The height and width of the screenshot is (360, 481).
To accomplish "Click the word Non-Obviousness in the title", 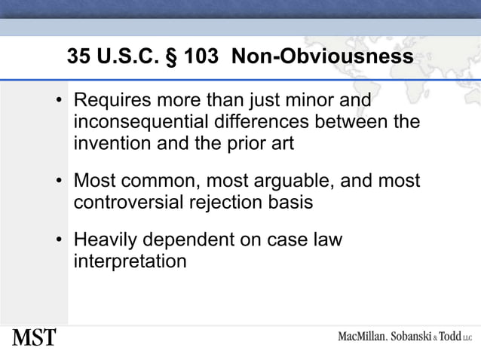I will [x=323, y=57].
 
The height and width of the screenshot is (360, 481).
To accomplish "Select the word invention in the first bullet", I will [x=106, y=142].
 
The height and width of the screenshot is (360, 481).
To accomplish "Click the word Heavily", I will [x=104, y=242].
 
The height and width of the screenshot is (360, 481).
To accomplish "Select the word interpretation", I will [x=130, y=262].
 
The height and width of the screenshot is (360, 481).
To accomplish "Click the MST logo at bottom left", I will [x=34, y=337].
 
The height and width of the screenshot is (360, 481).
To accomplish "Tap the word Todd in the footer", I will [x=451, y=337].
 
